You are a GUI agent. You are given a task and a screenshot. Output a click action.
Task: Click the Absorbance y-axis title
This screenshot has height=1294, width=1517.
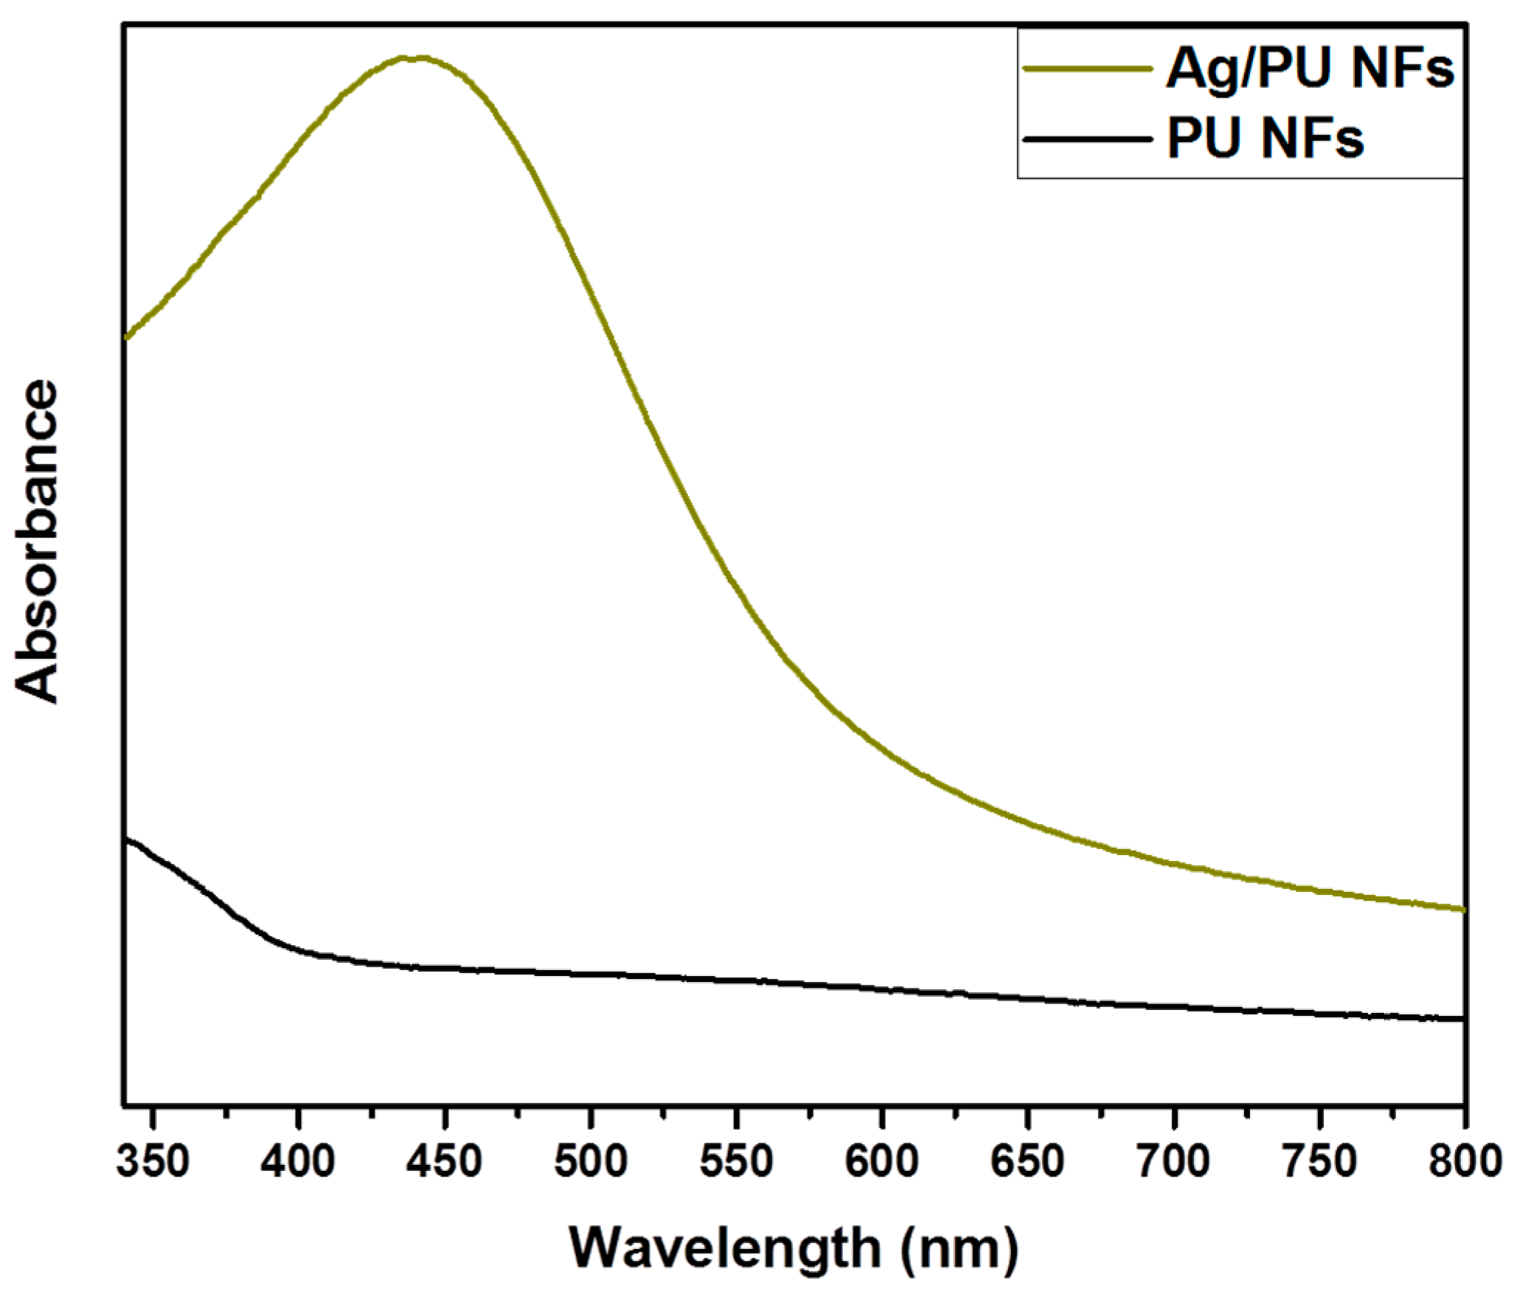click(37, 542)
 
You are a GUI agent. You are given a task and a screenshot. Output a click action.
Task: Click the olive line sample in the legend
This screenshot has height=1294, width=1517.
click(1087, 69)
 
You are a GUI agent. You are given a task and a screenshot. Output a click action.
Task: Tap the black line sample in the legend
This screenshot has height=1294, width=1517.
click(1087, 138)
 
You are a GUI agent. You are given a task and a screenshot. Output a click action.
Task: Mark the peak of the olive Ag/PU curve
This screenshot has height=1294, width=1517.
click(413, 58)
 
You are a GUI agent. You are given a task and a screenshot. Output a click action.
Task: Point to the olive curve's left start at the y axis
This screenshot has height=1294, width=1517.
click(127, 337)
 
